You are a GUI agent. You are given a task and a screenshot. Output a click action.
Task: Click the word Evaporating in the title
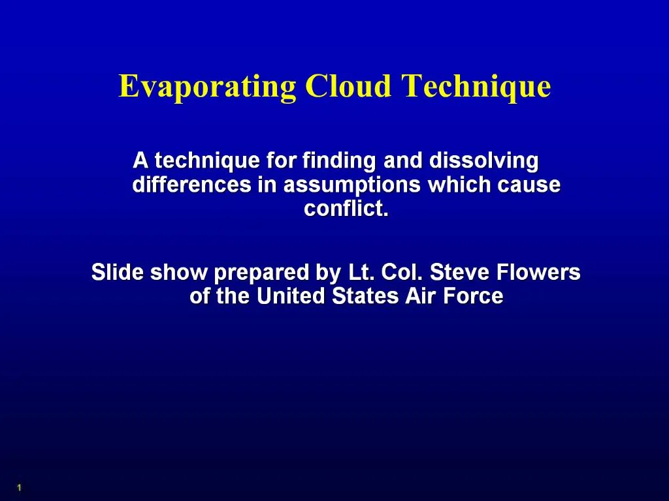[x=206, y=87]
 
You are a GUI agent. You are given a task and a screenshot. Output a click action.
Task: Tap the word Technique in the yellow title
[x=476, y=87]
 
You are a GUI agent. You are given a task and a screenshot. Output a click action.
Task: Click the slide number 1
[x=20, y=488]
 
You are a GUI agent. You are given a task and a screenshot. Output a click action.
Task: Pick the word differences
[x=191, y=185]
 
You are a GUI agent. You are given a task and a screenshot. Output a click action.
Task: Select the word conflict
[x=346, y=209]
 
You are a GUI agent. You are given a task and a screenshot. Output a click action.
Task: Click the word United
[x=291, y=297]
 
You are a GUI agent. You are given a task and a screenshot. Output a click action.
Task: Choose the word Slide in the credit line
[x=118, y=272]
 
